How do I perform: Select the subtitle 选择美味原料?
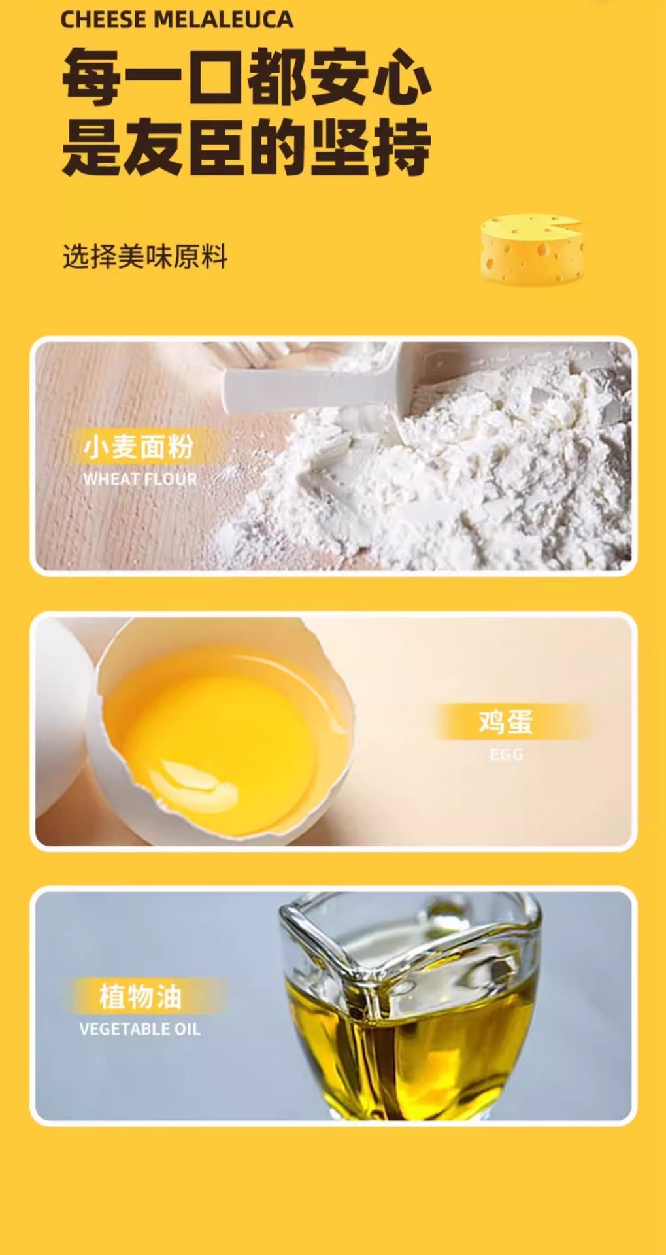145,256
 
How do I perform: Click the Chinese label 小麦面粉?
138,447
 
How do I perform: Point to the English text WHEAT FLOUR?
140,479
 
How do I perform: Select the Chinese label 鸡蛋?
506,721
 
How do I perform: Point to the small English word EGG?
507,755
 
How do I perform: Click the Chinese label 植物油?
140,997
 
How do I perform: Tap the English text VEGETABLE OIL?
140,1029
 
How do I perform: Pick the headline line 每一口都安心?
246,79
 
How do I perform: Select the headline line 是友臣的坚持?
246,148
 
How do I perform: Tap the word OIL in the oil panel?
187,1029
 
